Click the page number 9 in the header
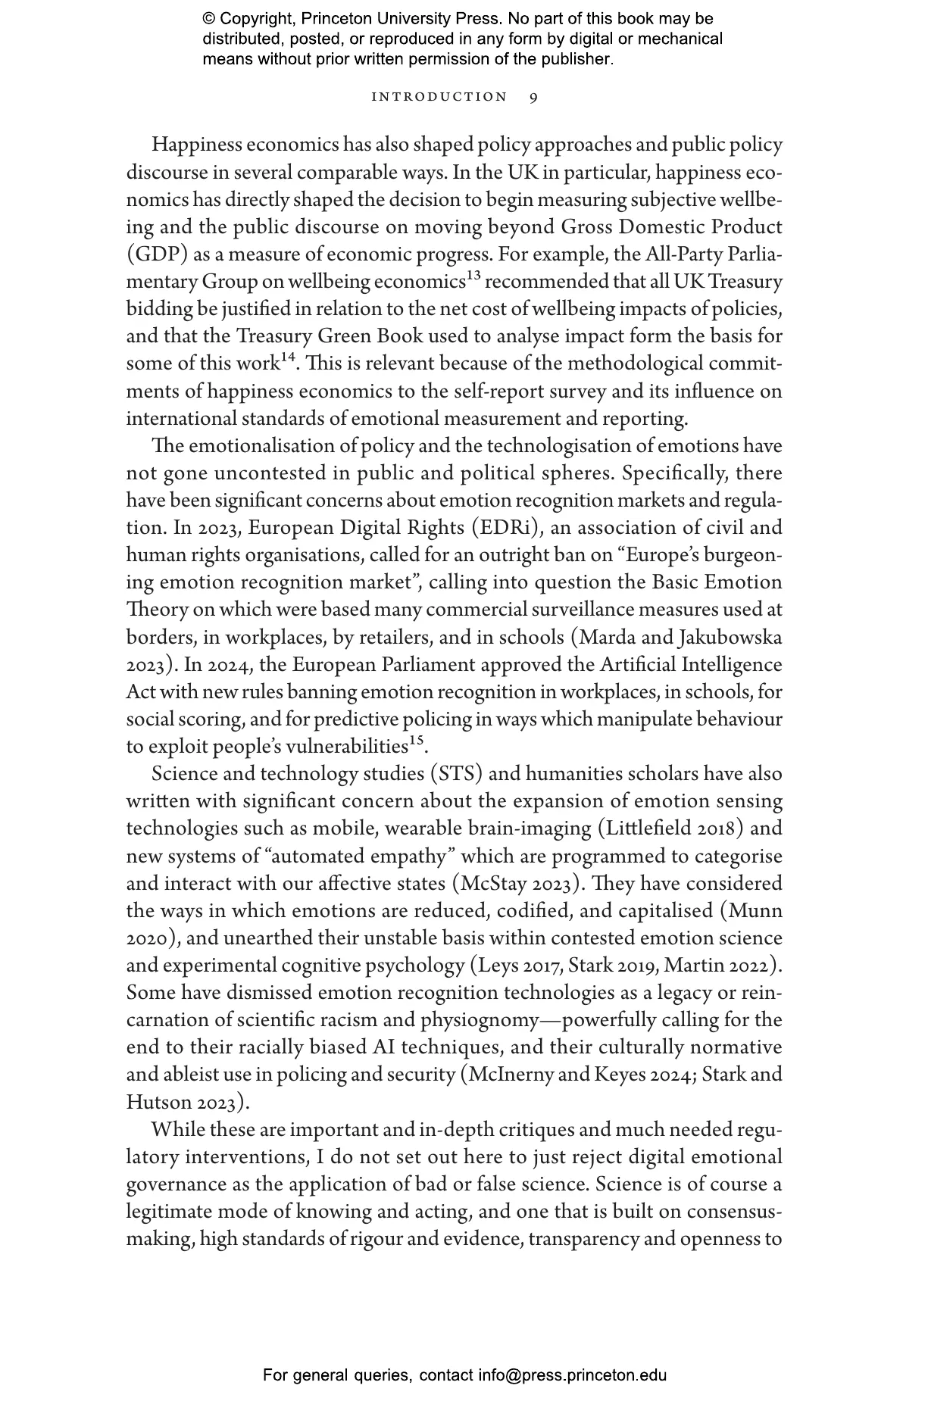[x=534, y=97]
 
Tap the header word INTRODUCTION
[x=439, y=97]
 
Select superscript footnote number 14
[x=288, y=358]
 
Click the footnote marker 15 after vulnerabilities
[x=416, y=741]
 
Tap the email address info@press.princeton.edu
[x=572, y=1375]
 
